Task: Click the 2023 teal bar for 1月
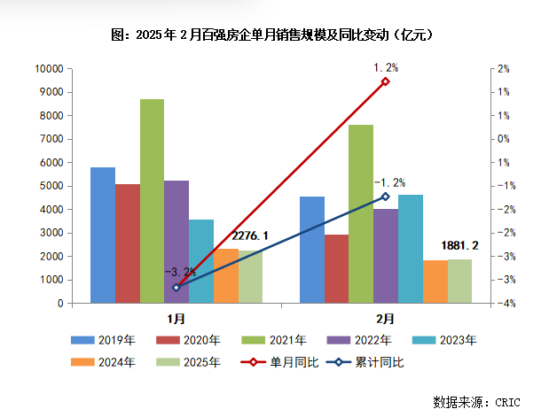(x=201, y=261)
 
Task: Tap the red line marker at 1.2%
(x=385, y=81)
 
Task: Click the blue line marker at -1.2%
(x=385, y=197)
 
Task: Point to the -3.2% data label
(x=181, y=273)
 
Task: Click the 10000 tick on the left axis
(x=48, y=69)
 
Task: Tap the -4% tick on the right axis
(x=502, y=304)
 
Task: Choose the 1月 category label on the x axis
(x=176, y=317)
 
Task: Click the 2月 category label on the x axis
(x=386, y=317)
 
